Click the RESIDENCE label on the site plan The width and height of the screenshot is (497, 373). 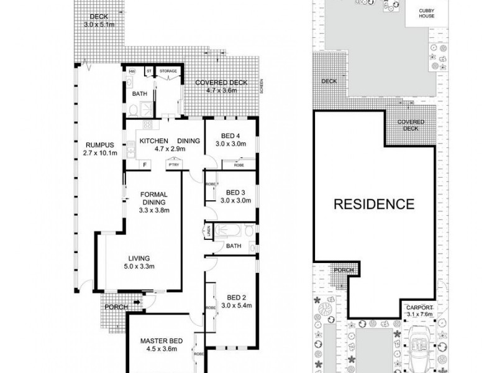[374, 204]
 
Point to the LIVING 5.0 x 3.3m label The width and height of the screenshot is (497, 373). [142, 262]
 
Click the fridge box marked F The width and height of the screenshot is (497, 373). [145, 165]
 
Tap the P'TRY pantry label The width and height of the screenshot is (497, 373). [171, 164]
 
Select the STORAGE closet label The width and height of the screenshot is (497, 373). [168, 71]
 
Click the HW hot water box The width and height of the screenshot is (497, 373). [132, 71]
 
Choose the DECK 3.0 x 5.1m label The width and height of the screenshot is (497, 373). [99, 21]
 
